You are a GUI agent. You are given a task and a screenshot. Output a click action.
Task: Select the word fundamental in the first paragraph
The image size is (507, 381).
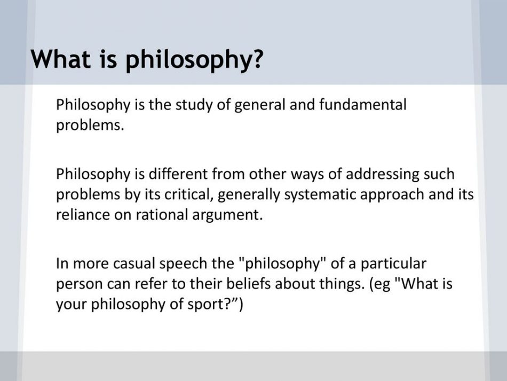click(x=362, y=105)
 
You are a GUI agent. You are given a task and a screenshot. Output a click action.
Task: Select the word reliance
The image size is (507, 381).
click(x=83, y=215)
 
